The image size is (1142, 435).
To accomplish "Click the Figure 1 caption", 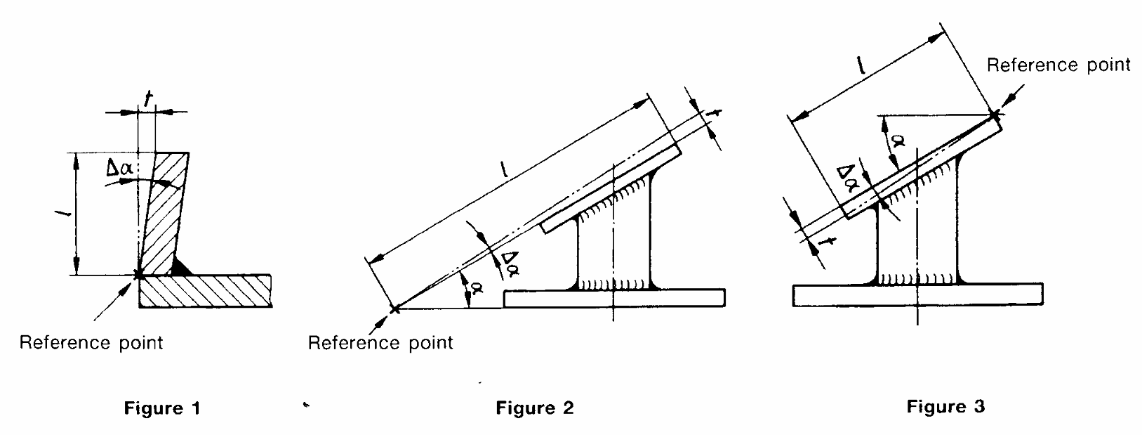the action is [162, 408].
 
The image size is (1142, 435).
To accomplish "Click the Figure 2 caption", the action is [535, 408].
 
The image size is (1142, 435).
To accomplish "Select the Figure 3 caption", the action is [945, 406].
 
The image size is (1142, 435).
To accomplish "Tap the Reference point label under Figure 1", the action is [91, 342].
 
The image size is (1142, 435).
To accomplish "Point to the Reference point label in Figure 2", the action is [380, 342].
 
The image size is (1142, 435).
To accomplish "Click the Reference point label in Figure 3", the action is [1058, 65].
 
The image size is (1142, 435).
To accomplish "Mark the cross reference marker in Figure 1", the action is [138, 275].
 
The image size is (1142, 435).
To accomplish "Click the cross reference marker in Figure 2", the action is [394, 309].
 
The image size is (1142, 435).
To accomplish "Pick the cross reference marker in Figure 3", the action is [994, 115].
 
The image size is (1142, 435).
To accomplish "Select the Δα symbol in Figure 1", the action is [120, 168].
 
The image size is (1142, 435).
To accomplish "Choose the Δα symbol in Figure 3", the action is [847, 178].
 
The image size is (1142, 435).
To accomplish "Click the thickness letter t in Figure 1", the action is [148, 100].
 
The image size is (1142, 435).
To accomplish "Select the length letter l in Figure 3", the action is [860, 66].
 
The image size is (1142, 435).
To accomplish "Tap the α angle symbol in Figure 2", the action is [477, 289].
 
